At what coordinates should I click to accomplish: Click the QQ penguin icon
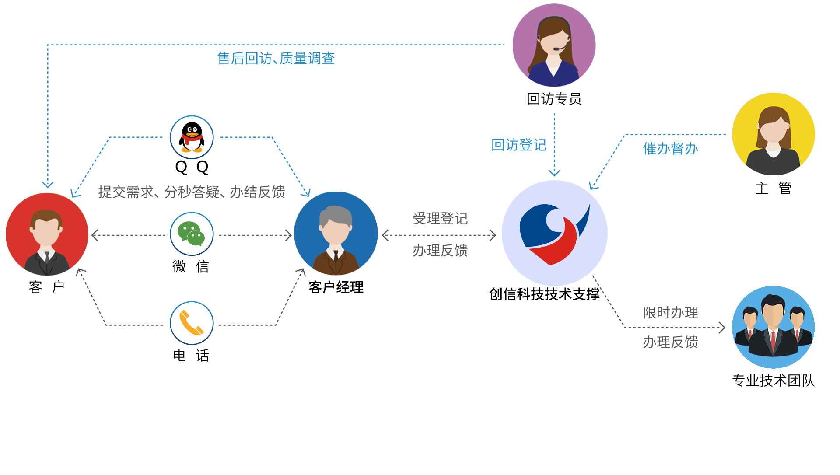click(x=192, y=137)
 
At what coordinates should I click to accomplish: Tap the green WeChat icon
click(x=192, y=234)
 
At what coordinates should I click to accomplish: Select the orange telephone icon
click(x=192, y=323)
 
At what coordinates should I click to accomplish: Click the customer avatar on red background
click(x=47, y=234)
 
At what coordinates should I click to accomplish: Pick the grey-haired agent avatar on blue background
click(x=336, y=234)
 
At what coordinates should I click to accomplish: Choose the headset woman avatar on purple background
click(x=554, y=45)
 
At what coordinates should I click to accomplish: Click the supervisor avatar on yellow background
click(x=773, y=134)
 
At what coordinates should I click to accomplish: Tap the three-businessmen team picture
click(x=773, y=326)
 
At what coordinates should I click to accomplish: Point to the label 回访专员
click(x=554, y=99)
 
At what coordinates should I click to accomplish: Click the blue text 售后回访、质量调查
click(x=276, y=59)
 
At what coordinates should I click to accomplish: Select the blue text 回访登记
click(x=519, y=145)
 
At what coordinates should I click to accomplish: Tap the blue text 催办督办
click(x=670, y=149)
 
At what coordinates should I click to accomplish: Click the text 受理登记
click(x=440, y=218)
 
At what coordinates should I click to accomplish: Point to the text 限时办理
click(x=670, y=313)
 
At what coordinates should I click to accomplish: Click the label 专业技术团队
click(x=773, y=381)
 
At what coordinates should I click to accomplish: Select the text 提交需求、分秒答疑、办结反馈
click(x=192, y=192)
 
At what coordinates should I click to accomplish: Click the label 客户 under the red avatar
click(x=47, y=287)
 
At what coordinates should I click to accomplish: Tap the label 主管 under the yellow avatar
click(x=773, y=188)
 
